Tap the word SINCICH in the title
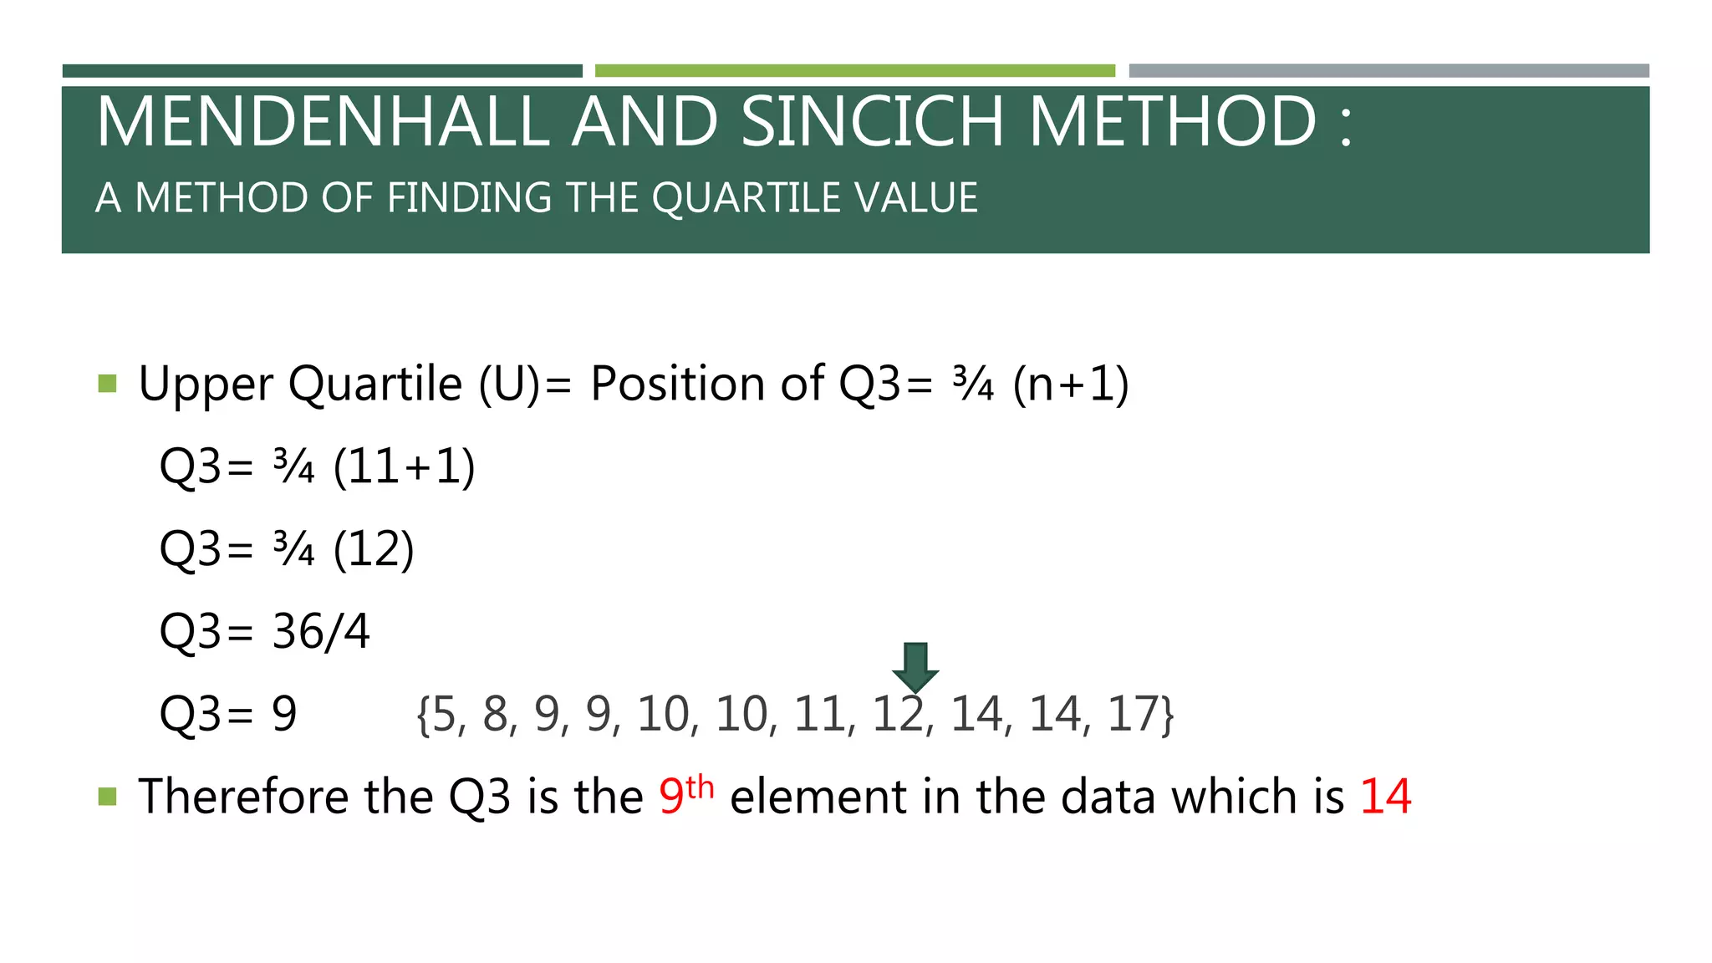pyautogui.click(x=871, y=122)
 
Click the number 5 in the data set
pyautogui.click(x=443, y=715)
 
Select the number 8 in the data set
pyautogui.click(x=496, y=715)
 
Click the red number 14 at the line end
pyautogui.click(x=1385, y=797)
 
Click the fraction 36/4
pyautogui.click(x=321, y=632)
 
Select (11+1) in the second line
pyautogui.click(x=404, y=466)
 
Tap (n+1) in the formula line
pyautogui.click(x=1071, y=385)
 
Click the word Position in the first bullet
pyautogui.click(x=677, y=385)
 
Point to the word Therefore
pyautogui.click(x=242, y=797)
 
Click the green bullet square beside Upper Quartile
pyautogui.click(x=107, y=384)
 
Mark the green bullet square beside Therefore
pyautogui.click(x=107, y=796)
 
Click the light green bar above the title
pyautogui.click(x=854, y=71)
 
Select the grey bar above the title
pyautogui.click(x=1388, y=71)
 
